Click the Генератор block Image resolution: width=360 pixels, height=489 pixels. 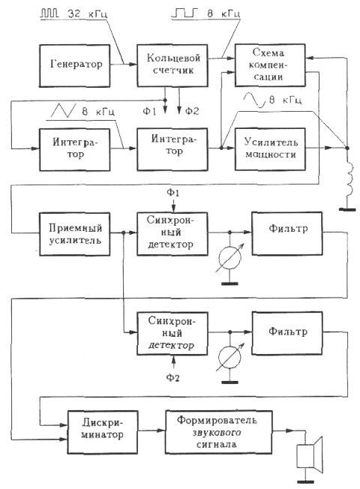point(74,65)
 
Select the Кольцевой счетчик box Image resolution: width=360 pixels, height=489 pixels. point(172,65)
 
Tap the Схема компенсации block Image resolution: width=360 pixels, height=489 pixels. point(270,64)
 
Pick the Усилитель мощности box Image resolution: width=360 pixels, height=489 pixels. point(270,149)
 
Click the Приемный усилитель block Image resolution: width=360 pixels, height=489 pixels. point(74,234)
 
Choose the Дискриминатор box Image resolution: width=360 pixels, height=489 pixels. point(102,432)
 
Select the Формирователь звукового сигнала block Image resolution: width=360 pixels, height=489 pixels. point(218,432)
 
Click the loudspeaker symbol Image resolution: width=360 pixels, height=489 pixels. point(309,454)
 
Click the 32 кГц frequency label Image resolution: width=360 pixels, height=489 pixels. point(87,13)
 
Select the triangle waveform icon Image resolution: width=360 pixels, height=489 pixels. point(63,110)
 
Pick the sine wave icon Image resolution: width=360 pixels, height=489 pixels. point(254,100)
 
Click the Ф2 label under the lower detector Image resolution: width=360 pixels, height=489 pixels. point(172,378)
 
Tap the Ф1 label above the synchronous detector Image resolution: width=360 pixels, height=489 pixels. point(172,193)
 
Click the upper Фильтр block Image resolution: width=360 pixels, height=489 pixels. point(287,233)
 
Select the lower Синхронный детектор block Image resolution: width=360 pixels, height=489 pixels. point(172,334)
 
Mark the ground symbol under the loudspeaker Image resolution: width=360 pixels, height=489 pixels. point(305,481)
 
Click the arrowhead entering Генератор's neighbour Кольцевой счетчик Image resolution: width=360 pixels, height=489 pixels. point(133,64)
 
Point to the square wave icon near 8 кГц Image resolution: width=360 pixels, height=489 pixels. point(185,13)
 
